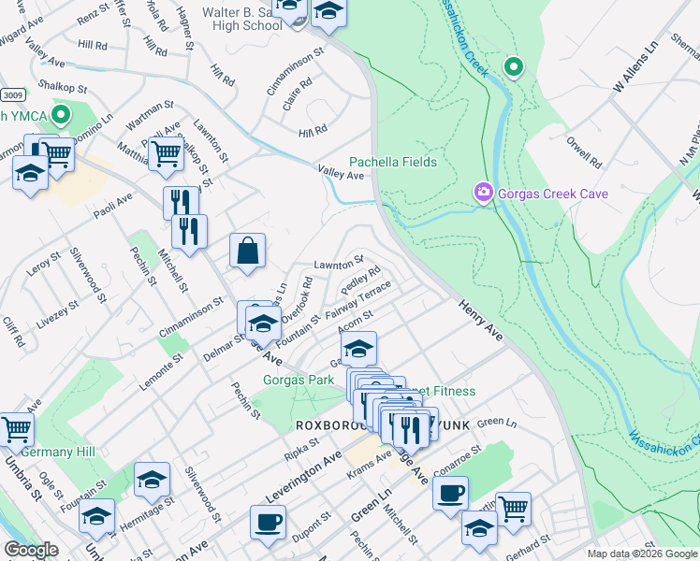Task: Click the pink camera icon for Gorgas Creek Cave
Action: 483,194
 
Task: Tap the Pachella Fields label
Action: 393,162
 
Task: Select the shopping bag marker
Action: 247,252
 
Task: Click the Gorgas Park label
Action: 299,381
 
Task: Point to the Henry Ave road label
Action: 482,320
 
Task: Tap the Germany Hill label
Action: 58,452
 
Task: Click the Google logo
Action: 31,550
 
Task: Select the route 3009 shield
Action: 12,95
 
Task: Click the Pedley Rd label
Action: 360,279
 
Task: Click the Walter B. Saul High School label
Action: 233,19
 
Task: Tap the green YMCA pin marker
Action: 62,117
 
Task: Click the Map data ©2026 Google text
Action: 642,554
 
